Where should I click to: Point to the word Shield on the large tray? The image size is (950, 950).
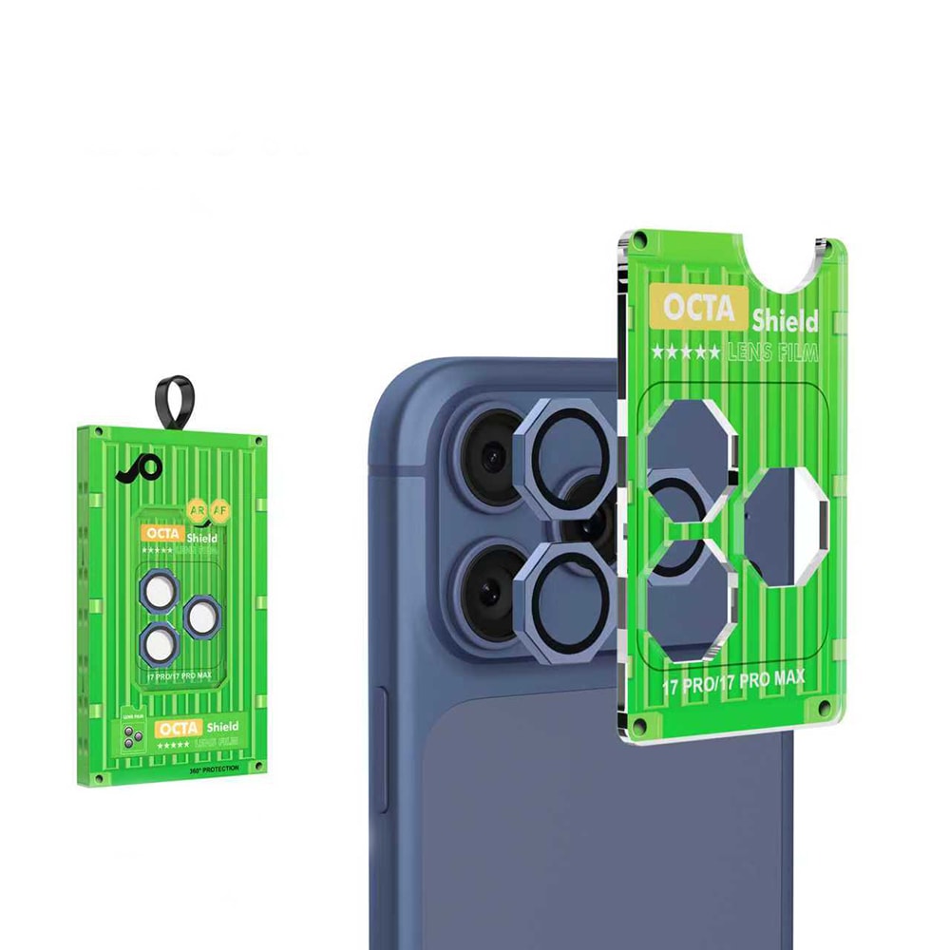click(785, 319)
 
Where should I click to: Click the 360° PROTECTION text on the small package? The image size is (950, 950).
click(214, 768)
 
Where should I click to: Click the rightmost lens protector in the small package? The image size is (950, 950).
click(203, 618)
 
